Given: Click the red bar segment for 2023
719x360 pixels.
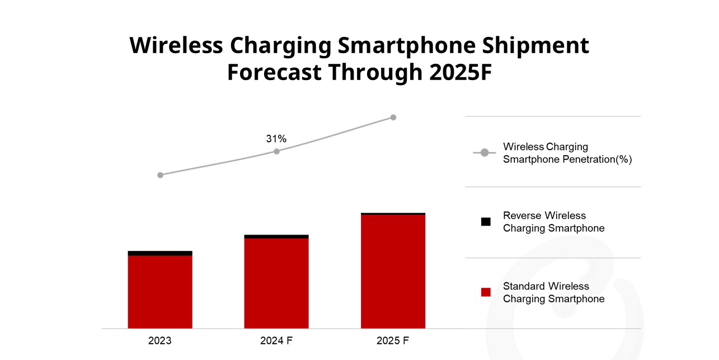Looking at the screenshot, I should tap(160, 291).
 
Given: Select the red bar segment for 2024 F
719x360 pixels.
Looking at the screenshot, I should tap(276, 283).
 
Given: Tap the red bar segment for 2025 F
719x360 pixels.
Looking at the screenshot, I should tap(393, 271).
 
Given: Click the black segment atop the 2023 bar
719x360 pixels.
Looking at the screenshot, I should tap(160, 253).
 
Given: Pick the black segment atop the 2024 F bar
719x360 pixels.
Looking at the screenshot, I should tap(276, 236).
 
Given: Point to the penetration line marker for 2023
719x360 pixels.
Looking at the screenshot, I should tap(160, 175).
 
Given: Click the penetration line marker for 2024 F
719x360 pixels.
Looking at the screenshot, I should tap(276, 151).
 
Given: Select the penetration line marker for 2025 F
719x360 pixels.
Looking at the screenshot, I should tap(393, 117).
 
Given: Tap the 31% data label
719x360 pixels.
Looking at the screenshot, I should tap(276, 138).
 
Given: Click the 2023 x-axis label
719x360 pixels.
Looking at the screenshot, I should tap(160, 340).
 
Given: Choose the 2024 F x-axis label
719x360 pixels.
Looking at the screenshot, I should tap(276, 340).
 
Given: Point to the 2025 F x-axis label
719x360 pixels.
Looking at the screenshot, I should tap(393, 340).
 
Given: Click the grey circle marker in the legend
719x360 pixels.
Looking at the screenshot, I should tap(485, 153).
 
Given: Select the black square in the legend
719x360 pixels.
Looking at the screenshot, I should tap(486, 222).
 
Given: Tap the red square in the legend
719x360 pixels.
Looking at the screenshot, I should tap(486, 292).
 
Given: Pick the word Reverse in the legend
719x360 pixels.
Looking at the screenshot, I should tap(522, 216).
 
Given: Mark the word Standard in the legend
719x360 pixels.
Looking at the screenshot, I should tap(524, 286).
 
